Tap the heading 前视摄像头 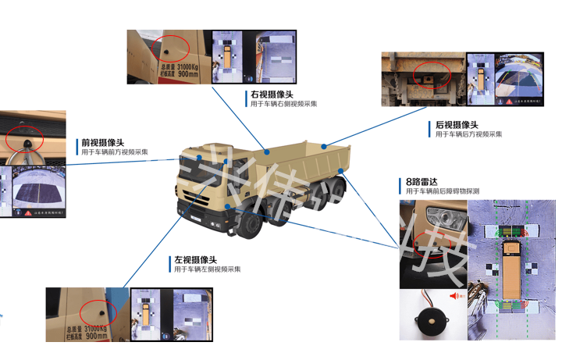pos(103,143)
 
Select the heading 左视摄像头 pos(195,259)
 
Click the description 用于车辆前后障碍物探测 pos(443,191)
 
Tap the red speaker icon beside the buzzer pos(456,297)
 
